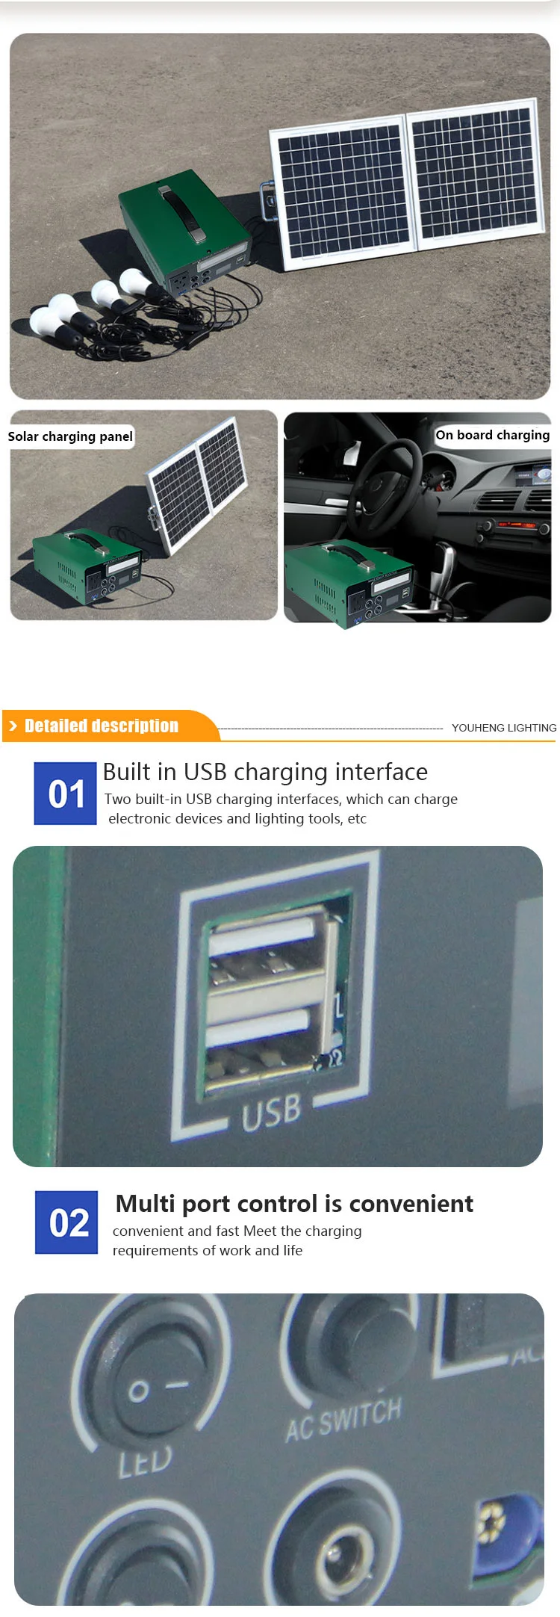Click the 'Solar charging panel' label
[x=70, y=436]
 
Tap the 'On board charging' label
[x=492, y=435]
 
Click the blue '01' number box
[x=66, y=794]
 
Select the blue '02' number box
[x=66, y=1222]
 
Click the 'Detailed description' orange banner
[x=102, y=726]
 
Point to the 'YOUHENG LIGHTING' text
[x=503, y=728]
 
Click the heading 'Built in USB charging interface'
[x=265, y=771]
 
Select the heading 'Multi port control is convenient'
[x=294, y=1204]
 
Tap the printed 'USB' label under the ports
[x=271, y=1112]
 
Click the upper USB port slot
[x=265, y=950]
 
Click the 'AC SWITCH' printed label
[x=343, y=1419]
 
